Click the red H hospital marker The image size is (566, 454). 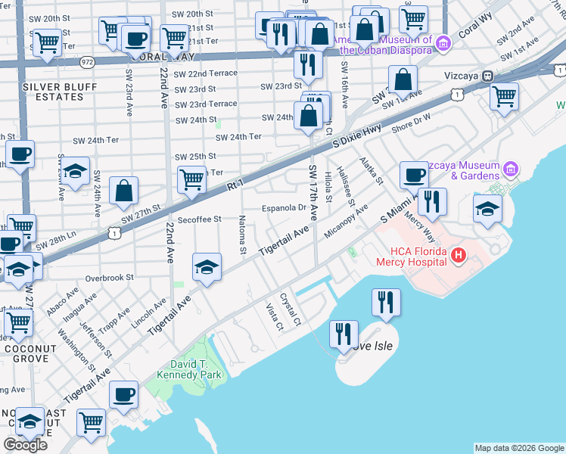coord(457,257)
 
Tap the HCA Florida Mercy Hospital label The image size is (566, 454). coord(412,257)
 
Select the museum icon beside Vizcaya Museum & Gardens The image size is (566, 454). coord(512,167)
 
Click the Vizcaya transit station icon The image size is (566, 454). coord(489,76)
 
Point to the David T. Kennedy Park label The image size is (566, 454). coord(181,368)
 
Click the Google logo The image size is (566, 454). coord(26,445)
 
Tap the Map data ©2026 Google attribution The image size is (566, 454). coord(519,448)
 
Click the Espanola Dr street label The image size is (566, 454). coord(283,207)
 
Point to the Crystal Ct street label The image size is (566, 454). coord(291,310)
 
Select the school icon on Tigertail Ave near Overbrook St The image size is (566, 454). coord(207,267)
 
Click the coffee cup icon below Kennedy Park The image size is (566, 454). coord(123,394)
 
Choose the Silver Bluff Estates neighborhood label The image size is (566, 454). coord(52,92)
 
